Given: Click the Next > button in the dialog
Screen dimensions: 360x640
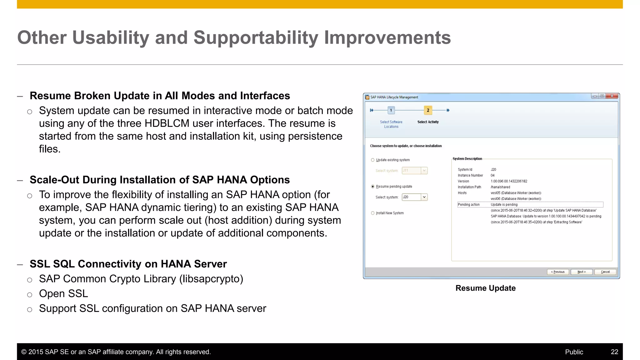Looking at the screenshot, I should (x=581, y=272).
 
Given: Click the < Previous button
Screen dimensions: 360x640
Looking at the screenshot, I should (x=558, y=272).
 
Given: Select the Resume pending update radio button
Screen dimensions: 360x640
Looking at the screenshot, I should (x=372, y=187).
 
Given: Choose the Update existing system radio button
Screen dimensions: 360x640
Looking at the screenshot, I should (x=372, y=160).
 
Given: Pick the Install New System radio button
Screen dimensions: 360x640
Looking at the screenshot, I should (x=372, y=213).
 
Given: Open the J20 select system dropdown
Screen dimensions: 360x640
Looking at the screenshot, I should (x=424, y=197).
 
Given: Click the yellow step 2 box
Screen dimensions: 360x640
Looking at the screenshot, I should (x=428, y=110).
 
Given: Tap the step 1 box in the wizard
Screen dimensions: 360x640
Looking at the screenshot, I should (x=391, y=110).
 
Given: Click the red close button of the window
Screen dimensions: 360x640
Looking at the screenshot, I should (x=612, y=96).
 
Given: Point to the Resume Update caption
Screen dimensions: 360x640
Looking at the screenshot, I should (x=485, y=288).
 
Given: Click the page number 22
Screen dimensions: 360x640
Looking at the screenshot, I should (x=614, y=352).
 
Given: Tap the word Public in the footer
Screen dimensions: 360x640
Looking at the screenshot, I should (x=574, y=352).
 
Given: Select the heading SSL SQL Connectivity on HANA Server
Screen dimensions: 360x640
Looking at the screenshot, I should (x=128, y=264).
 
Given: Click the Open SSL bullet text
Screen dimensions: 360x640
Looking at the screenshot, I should (x=63, y=294).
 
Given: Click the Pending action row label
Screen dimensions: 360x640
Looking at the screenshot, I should (x=468, y=205).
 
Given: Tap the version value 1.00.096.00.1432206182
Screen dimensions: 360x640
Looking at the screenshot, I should (x=509, y=181).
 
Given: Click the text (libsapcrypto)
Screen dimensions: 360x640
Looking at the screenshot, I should (x=211, y=279).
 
